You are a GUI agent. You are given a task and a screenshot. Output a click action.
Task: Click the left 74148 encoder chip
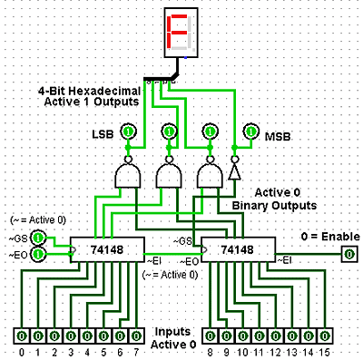(x=108, y=249)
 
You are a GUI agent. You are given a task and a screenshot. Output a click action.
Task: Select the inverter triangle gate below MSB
(x=234, y=171)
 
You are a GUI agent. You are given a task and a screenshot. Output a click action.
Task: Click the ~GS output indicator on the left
(x=39, y=238)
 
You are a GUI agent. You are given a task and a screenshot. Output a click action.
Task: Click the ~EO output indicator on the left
(x=39, y=256)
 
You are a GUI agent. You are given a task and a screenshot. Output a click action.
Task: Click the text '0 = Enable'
(x=329, y=238)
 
